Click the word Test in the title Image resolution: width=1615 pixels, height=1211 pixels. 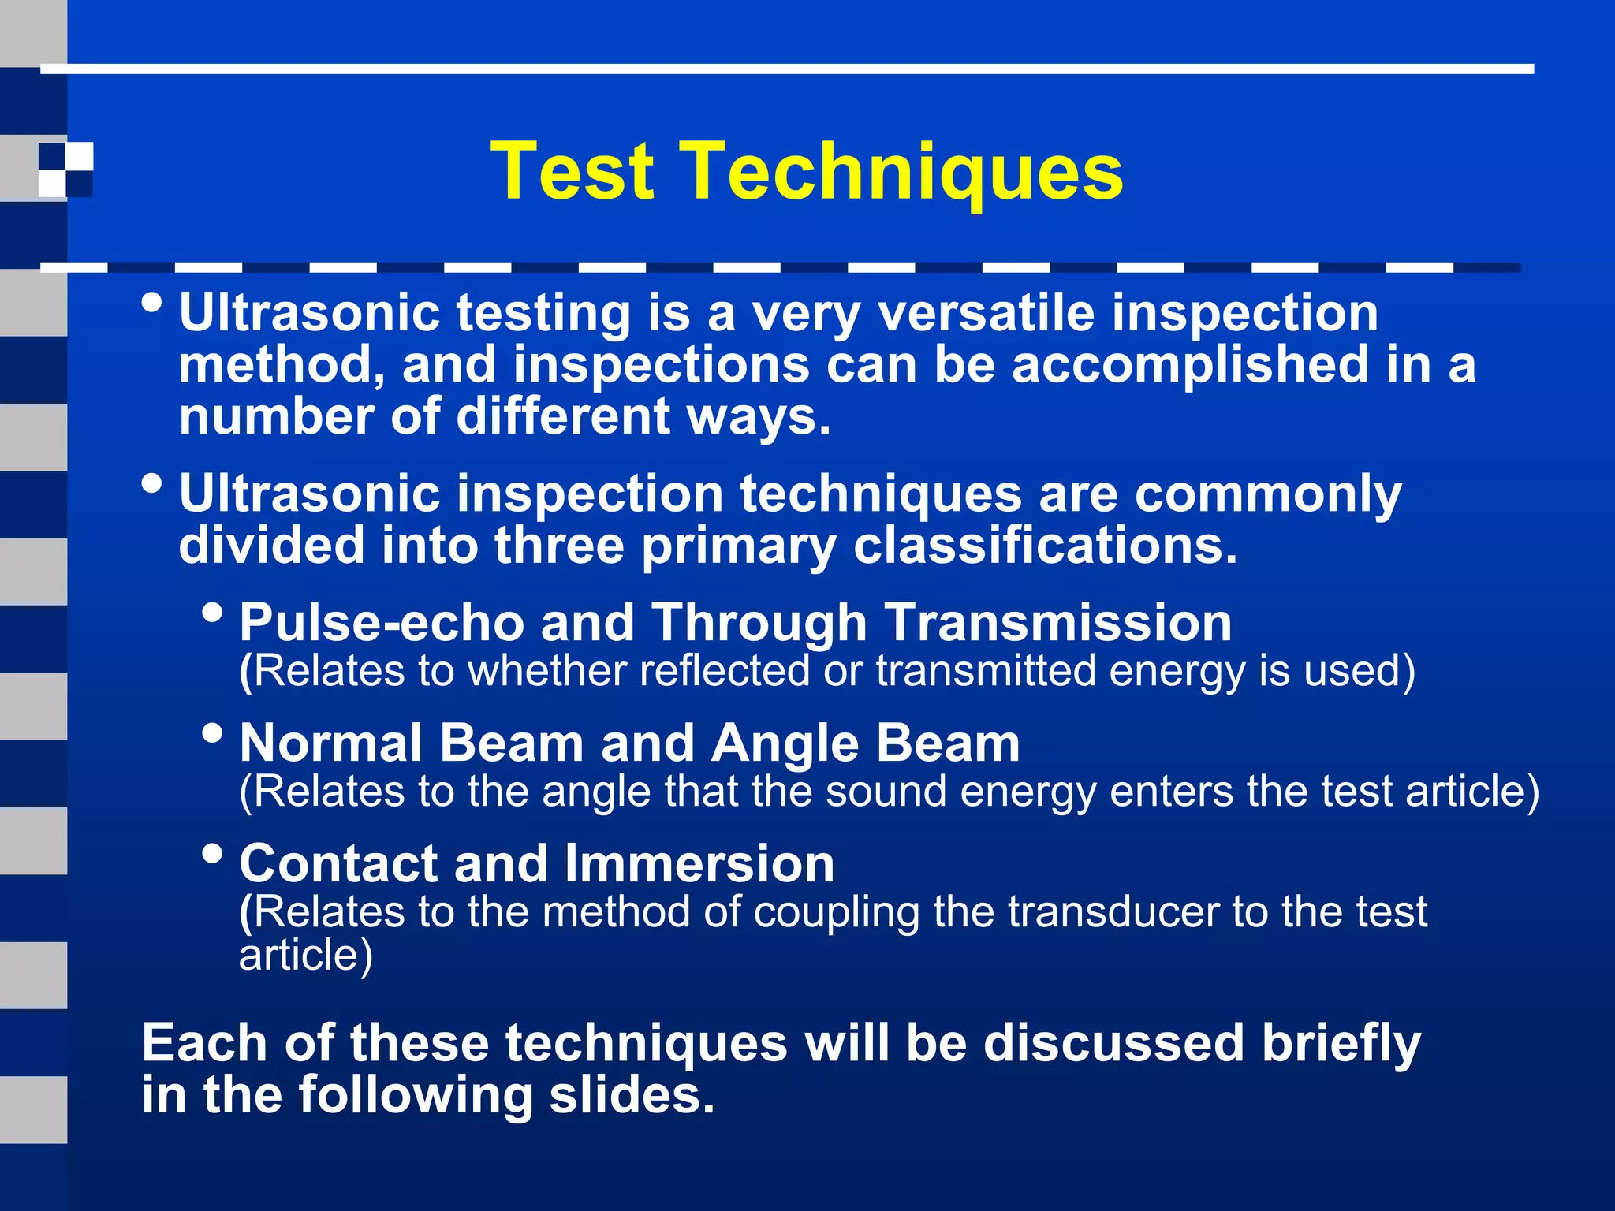(573, 171)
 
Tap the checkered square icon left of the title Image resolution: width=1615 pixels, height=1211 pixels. (65, 169)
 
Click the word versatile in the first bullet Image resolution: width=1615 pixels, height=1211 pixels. (986, 313)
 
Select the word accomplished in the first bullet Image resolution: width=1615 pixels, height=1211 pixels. (1190, 365)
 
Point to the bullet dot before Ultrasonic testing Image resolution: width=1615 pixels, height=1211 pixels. (153, 303)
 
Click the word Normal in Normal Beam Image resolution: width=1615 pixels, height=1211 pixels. (331, 743)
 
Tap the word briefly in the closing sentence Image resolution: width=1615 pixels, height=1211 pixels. (1341, 1044)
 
